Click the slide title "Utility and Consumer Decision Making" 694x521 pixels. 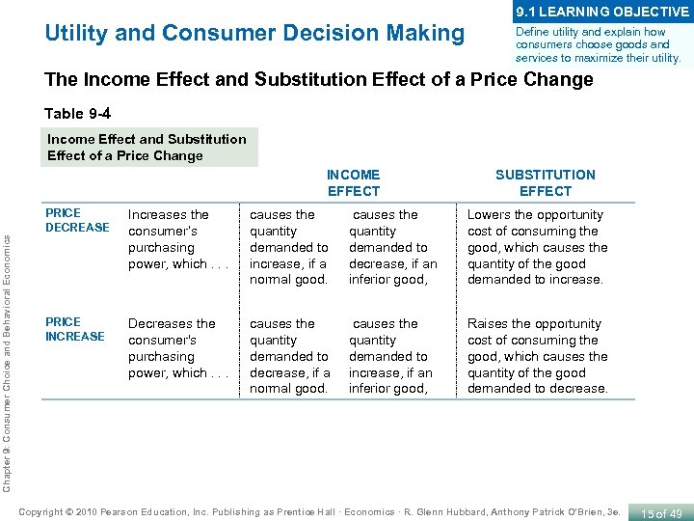click(254, 33)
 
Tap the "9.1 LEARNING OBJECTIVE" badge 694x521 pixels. click(602, 12)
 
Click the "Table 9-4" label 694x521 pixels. click(84, 114)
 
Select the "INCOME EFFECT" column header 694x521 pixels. click(353, 182)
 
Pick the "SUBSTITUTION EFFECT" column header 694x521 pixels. click(545, 182)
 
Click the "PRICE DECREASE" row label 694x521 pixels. click(77, 220)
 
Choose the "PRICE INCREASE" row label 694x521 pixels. click(75, 329)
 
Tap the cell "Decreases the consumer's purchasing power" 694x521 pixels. click(172, 348)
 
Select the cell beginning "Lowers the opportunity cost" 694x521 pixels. click(537, 247)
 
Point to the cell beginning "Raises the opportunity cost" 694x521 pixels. click(537, 356)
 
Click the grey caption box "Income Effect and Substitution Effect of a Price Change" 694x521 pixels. click(147, 147)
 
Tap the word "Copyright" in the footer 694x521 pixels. click(44, 510)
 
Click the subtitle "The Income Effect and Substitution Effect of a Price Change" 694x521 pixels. click(319, 80)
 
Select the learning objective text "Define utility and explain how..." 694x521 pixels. click(598, 45)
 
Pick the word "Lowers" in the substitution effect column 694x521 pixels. click(488, 214)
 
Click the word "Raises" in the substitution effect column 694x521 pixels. click(487, 323)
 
